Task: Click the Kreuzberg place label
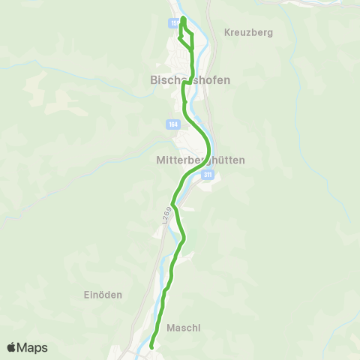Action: point(247,33)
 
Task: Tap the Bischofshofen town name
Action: point(185,79)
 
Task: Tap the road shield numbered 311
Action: point(208,174)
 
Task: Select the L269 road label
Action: point(166,214)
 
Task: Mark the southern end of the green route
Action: point(151,347)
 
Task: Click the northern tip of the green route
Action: point(183,16)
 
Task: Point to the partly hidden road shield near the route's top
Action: point(175,24)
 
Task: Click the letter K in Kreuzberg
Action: point(227,33)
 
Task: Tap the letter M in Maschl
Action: point(170,327)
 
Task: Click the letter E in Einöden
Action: point(85,295)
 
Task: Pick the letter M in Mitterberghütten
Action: point(159,160)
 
